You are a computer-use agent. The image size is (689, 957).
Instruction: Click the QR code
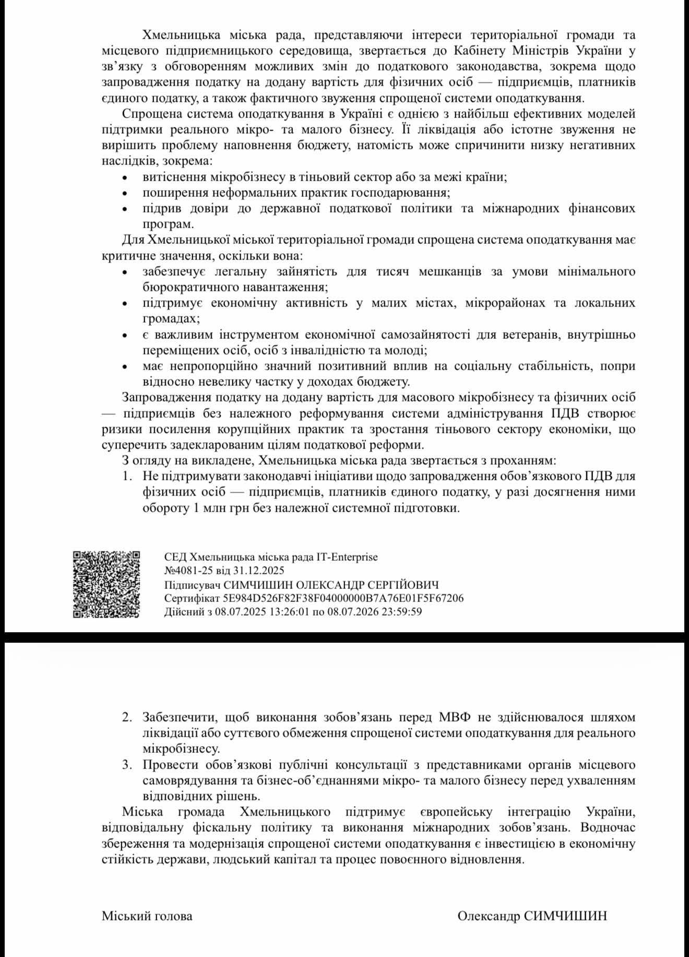pyautogui.click(x=106, y=584)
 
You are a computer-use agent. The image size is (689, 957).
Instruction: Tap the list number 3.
pyautogui.click(x=127, y=765)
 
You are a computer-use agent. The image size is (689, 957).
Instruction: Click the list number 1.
pyautogui.click(x=127, y=476)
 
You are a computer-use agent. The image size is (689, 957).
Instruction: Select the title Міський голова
pyautogui.click(x=147, y=916)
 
